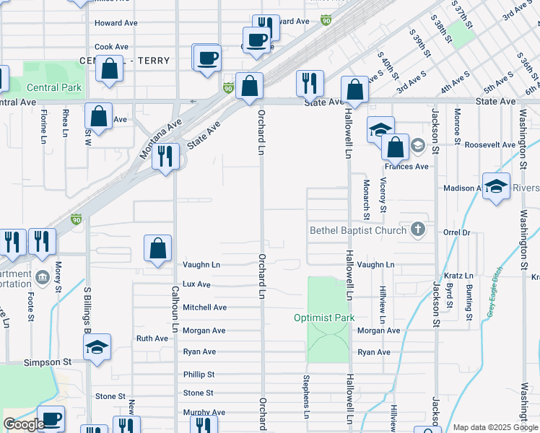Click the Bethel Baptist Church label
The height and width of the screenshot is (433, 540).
[359, 231]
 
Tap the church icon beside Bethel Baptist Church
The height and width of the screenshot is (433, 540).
[417, 230]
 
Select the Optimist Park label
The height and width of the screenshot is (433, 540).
[324, 318]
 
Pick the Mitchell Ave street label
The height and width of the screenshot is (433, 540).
[204, 307]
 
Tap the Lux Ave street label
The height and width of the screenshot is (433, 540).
[196, 285]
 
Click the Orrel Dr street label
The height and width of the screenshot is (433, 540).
[457, 233]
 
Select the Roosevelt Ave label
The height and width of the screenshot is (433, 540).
[490, 144]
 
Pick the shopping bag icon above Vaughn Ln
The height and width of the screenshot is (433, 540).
[157, 249]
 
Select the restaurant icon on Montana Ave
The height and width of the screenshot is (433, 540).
[165, 157]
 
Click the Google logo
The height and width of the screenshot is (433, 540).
[24, 424]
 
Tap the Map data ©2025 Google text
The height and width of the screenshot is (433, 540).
[495, 427]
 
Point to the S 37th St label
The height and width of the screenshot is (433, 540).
[462, 13]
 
